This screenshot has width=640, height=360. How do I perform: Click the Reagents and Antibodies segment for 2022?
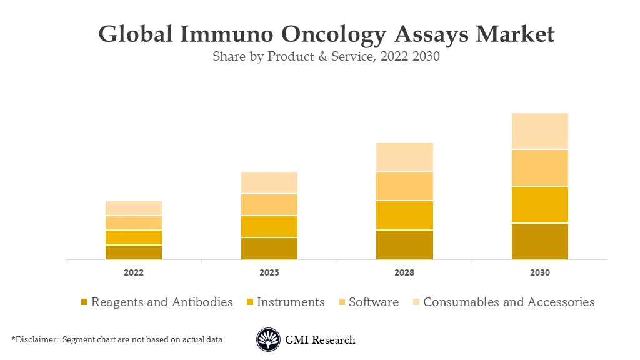coord(134,252)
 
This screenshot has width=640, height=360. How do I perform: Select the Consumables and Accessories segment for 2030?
coord(539,131)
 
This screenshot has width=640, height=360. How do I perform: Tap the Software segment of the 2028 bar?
coord(404,186)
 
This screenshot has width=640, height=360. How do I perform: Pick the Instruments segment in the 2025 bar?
coord(269,226)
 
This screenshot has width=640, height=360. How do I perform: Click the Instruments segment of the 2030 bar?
coord(539,204)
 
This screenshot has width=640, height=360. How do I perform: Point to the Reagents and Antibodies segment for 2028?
coord(404,244)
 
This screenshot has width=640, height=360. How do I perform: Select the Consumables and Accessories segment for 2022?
coord(134,208)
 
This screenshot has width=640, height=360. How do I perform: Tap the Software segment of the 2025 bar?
coord(269,204)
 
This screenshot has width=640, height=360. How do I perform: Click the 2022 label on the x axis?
coord(134,273)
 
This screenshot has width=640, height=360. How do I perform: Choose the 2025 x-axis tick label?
coord(269,273)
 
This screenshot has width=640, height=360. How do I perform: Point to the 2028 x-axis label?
coord(404,273)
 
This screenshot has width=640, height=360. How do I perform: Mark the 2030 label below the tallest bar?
coord(539,273)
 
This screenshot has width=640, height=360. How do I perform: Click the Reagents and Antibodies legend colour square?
coord(84,302)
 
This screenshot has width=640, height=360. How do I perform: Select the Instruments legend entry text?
coord(291,302)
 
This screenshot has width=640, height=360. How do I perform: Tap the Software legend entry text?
coord(373,302)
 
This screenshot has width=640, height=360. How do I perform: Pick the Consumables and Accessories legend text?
coord(509,302)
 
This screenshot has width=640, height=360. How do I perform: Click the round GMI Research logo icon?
coord(268,340)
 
